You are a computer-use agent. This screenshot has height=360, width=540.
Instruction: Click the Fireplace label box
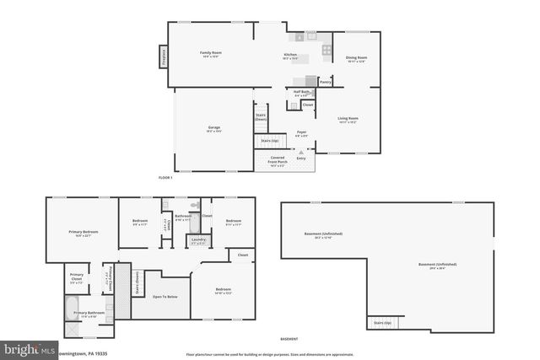[x=163, y=55]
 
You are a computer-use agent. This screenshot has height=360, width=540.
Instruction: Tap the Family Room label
[x=209, y=54]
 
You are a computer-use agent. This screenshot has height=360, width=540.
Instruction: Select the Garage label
[x=214, y=129]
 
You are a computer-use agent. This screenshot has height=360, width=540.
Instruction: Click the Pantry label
[x=325, y=83]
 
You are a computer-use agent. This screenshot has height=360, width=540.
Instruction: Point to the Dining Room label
[x=356, y=59]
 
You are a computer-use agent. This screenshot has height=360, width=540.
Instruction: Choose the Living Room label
[x=348, y=119]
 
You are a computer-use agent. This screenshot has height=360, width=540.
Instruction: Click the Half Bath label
[x=301, y=94]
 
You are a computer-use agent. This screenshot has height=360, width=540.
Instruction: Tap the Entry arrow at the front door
[x=301, y=157]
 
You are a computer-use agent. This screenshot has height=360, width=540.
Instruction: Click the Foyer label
[x=301, y=133]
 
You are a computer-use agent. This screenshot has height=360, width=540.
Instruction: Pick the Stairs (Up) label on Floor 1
[x=269, y=141]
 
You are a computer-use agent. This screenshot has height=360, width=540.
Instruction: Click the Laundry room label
[x=198, y=242]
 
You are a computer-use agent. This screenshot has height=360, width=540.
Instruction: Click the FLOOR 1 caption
[x=165, y=178]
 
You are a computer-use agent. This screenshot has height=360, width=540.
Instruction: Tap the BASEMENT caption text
[x=289, y=338]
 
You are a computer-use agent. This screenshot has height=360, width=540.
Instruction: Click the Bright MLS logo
[x=27, y=348]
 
